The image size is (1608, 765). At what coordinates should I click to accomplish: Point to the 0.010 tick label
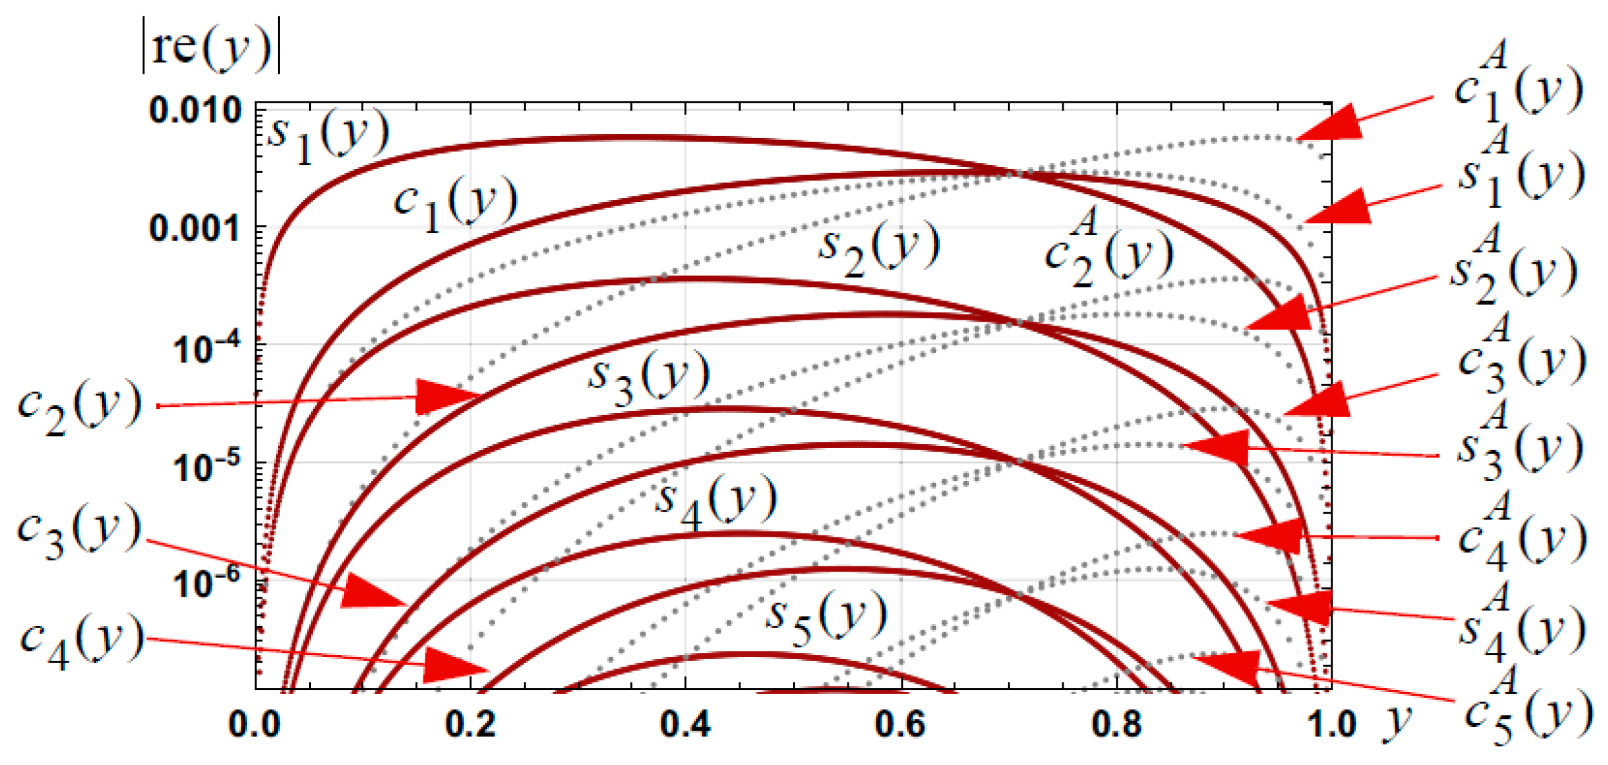pyautogui.click(x=195, y=110)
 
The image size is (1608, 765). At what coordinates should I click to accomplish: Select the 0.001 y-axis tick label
pyautogui.click(x=195, y=229)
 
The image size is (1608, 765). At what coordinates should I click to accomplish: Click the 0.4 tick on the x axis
pyautogui.click(x=685, y=724)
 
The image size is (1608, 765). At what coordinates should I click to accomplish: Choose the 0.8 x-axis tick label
pyautogui.click(x=1116, y=724)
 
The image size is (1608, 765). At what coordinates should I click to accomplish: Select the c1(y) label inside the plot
pyautogui.click(x=456, y=203)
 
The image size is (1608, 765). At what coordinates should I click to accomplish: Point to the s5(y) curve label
pyautogui.click(x=826, y=616)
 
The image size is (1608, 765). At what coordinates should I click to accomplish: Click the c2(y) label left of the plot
pyautogui.click(x=79, y=407)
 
